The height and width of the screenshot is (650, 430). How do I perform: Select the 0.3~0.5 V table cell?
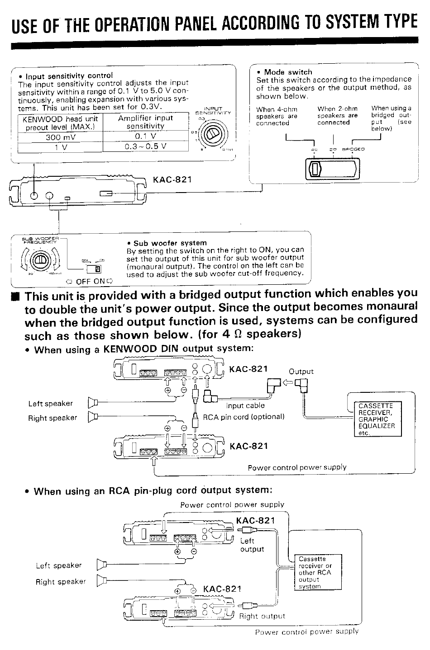[145, 146]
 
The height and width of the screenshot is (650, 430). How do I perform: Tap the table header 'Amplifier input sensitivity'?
[145, 122]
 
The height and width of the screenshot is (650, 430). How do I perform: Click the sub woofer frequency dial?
[39, 260]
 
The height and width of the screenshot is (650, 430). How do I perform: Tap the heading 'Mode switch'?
[288, 72]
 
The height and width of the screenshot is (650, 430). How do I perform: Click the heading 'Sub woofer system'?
[170, 243]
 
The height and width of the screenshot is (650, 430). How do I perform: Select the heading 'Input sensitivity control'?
[69, 75]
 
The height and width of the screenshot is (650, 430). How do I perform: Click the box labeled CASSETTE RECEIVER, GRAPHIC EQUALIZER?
[377, 419]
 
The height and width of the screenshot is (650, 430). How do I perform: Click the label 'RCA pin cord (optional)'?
[244, 417]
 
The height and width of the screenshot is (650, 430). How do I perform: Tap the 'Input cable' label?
[245, 405]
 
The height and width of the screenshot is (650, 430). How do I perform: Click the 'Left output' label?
[252, 545]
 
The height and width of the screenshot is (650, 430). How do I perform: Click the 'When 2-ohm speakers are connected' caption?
[337, 116]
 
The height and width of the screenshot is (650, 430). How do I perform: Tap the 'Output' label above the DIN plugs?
[301, 372]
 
